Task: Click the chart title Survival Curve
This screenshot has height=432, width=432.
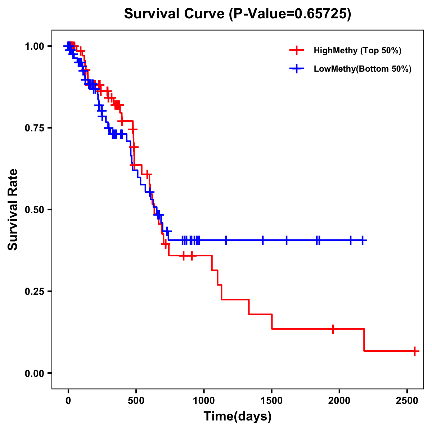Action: [175, 14]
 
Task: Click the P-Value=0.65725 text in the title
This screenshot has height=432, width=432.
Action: [291, 14]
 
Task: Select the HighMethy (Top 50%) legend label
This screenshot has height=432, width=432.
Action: [357, 50]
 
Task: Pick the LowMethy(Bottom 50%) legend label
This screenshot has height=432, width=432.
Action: [363, 69]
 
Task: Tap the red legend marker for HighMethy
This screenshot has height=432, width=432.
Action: [297, 50]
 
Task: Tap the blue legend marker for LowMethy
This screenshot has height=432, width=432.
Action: [297, 69]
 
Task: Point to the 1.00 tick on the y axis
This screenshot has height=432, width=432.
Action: [34, 46]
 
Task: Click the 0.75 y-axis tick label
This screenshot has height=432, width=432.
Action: [34, 128]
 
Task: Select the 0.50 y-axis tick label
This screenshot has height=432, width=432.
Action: [34, 210]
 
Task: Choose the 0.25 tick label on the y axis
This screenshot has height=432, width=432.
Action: [34, 292]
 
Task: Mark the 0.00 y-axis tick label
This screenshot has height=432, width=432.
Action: [34, 373]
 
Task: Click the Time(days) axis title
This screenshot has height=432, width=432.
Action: [238, 417]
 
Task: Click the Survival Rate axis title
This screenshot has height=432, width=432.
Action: [13, 210]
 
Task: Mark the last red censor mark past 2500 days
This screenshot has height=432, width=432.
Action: [415, 351]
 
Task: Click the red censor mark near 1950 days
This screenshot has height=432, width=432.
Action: [333, 329]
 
